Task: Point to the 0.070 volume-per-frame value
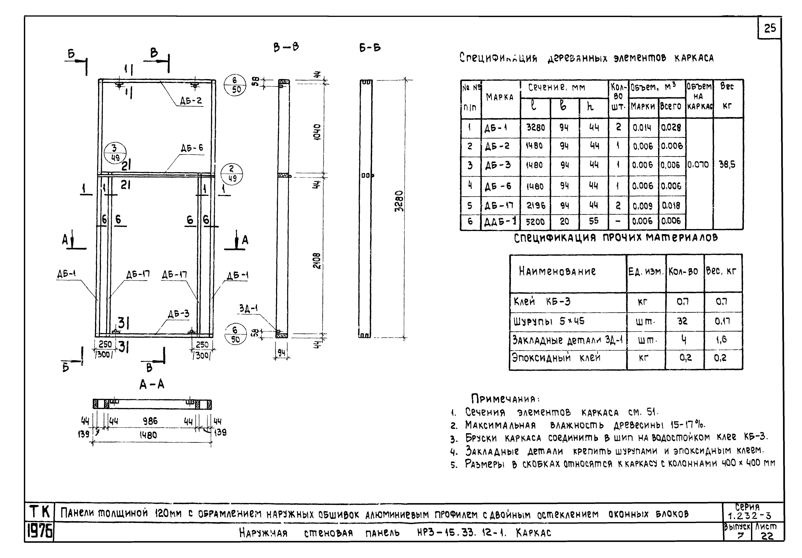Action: tap(698, 164)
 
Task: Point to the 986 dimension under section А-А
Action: tap(150, 421)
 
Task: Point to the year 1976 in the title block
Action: tap(39, 532)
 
